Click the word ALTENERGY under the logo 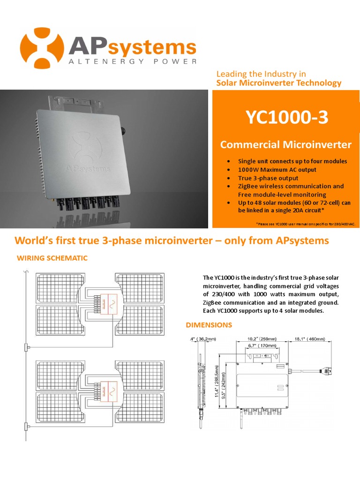tap(91, 61)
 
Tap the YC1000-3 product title tap(287, 118)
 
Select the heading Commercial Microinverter tap(285, 144)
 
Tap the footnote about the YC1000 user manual tap(306, 224)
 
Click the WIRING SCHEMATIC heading tap(52, 258)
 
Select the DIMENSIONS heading tap(209, 324)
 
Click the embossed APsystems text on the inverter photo tap(89, 167)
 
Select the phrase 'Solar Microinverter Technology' tap(278, 83)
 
